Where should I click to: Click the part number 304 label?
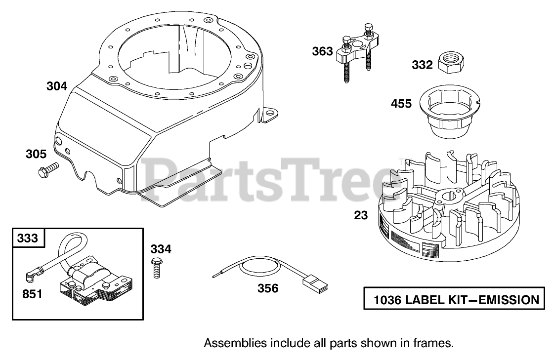coord(57,86)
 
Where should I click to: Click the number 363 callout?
coord(322,51)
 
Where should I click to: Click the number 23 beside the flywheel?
coord(361,215)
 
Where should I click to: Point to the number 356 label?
coord(268,288)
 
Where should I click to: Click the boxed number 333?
coord(27,238)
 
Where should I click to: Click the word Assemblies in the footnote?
coord(229,342)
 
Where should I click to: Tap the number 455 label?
coord(401,104)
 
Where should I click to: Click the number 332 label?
coord(422,65)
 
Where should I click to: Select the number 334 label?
coord(161,249)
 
